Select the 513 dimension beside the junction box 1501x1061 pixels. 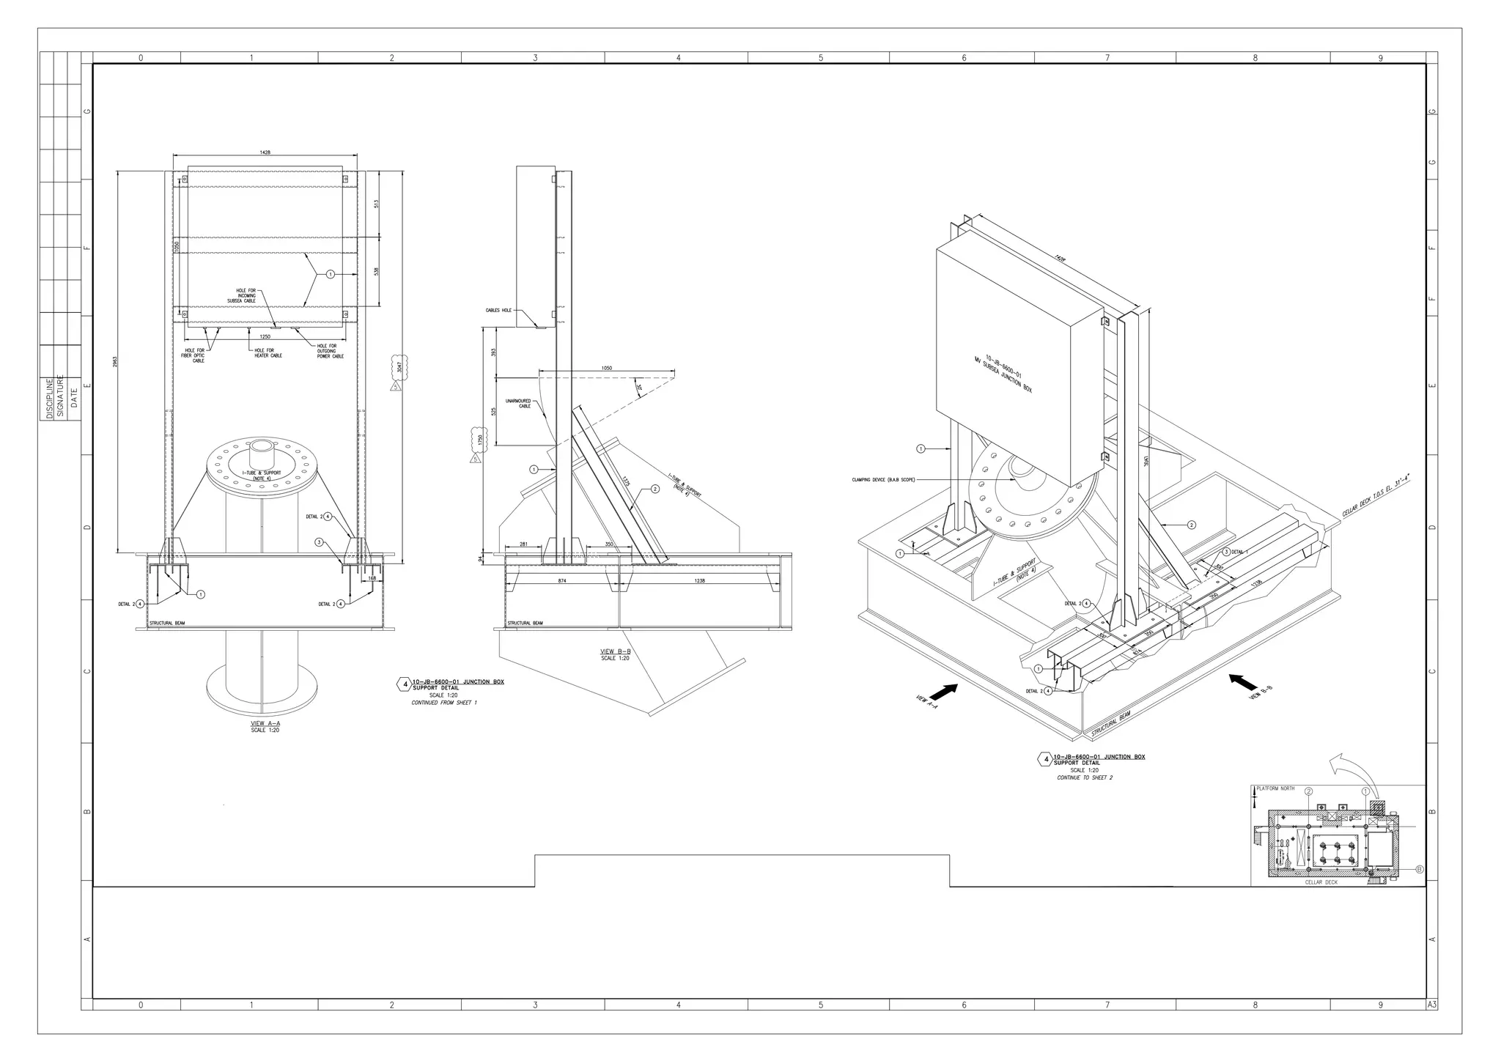376,204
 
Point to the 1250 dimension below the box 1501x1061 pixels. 265,336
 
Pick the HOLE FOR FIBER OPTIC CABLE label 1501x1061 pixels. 194,355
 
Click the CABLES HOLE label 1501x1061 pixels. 498,311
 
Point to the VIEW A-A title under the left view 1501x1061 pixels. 265,723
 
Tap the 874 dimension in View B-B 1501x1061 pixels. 562,581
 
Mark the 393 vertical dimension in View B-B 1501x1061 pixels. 494,352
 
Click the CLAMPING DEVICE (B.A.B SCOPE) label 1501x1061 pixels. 883,480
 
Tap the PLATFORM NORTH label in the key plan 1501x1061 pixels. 1275,788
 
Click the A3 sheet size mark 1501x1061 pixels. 1431,1005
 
